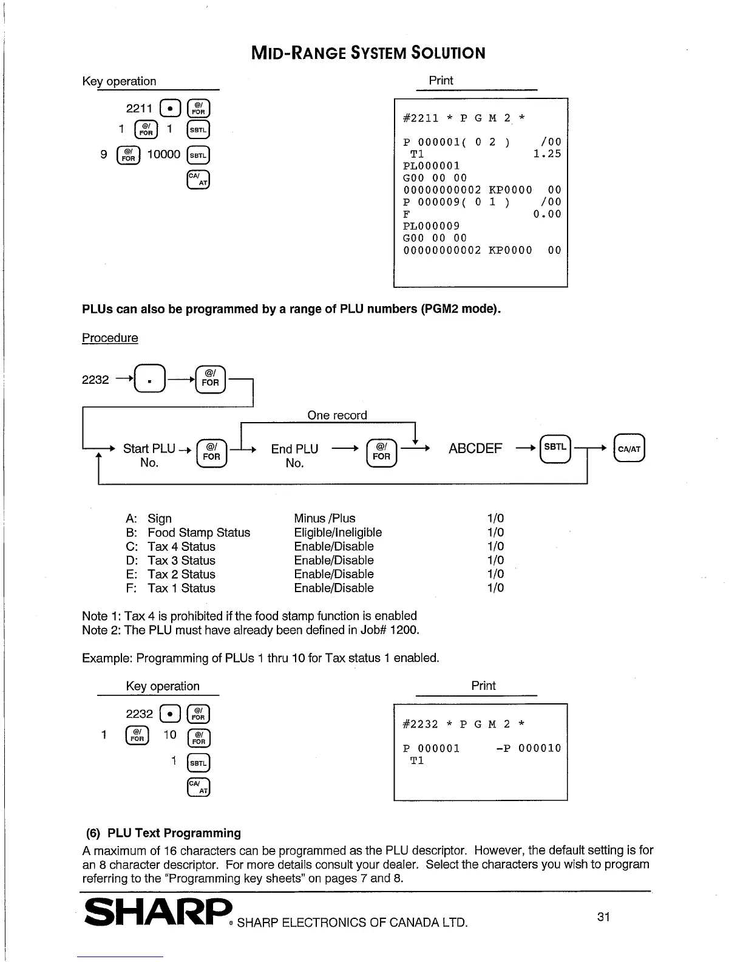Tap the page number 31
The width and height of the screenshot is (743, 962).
click(x=603, y=916)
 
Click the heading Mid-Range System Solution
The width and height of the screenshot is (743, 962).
click(x=368, y=53)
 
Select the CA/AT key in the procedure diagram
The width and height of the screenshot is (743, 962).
click(x=629, y=449)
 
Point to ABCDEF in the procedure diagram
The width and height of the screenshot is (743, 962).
click(x=475, y=449)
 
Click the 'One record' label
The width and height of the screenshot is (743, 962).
click(x=337, y=415)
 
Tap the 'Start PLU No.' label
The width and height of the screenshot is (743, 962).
click(x=149, y=455)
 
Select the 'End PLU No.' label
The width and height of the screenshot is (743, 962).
click(x=294, y=455)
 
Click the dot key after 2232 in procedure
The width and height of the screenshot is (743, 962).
click(x=149, y=380)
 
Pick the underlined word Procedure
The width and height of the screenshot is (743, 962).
click(x=110, y=338)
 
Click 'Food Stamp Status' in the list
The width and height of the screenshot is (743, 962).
click(x=198, y=533)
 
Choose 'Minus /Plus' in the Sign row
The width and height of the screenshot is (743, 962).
click(x=325, y=519)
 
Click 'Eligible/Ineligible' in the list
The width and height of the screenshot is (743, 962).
click(x=338, y=533)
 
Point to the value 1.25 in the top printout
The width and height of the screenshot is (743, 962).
click(x=547, y=154)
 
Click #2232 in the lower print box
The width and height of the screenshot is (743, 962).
click(x=420, y=725)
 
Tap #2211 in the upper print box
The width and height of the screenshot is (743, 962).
click(x=420, y=118)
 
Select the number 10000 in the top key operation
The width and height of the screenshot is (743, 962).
click(x=164, y=155)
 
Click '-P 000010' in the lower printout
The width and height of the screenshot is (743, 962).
click(x=529, y=748)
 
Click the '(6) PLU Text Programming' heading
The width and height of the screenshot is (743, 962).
click(x=162, y=833)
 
